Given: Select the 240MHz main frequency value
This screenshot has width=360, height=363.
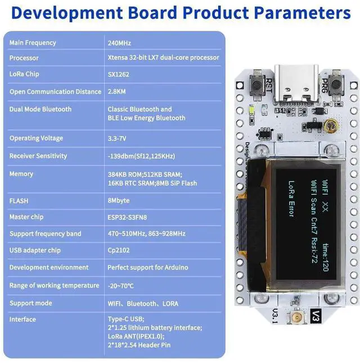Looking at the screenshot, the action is click(119, 43).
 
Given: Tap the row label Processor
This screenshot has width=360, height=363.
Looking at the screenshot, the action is click(24, 58).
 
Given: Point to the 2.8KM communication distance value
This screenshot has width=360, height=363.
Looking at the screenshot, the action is click(117, 92).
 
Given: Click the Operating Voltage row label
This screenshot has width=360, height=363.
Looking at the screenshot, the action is click(36, 138).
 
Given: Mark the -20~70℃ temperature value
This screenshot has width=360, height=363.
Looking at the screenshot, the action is click(120, 286).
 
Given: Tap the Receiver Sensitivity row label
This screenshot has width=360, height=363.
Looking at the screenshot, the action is click(38, 156).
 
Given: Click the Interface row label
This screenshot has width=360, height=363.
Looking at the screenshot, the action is click(22, 320).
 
